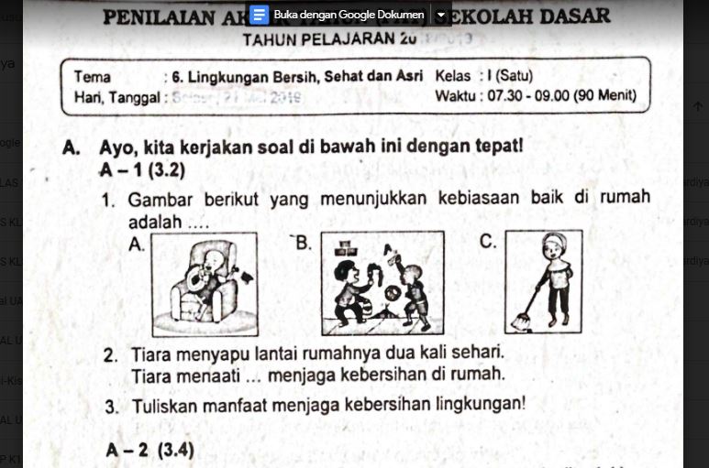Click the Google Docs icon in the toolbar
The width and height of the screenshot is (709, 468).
[x=258, y=15]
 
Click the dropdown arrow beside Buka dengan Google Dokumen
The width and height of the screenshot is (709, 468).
[x=441, y=15]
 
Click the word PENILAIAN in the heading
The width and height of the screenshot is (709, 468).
[x=171, y=17]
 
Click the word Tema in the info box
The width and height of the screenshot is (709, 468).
[x=92, y=76]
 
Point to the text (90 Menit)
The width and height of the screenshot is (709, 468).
[x=604, y=95]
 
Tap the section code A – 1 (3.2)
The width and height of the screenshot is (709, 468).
[x=143, y=170]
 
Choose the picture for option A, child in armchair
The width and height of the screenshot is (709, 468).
[x=205, y=282]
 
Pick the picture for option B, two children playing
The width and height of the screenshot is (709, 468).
[x=381, y=282]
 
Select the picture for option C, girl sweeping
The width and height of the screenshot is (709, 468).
[x=544, y=282]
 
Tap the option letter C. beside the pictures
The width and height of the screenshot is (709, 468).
[x=488, y=243]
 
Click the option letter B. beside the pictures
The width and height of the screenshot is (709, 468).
[x=304, y=243]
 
